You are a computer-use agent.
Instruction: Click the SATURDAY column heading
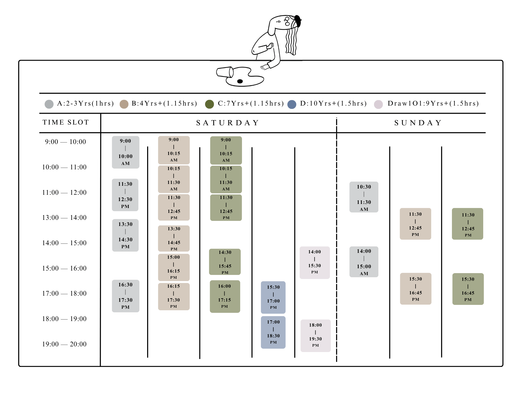click(x=227, y=123)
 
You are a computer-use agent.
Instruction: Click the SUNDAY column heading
click(x=418, y=123)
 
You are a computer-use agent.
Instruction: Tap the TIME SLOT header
click(x=66, y=122)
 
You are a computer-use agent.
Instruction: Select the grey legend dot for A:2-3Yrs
click(x=49, y=104)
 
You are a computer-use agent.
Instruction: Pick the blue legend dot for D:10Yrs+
click(x=292, y=104)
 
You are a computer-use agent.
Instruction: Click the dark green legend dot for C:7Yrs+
click(x=209, y=104)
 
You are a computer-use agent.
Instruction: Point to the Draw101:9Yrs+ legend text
click(x=433, y=104)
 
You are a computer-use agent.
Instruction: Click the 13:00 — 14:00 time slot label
click(x=64, y=218)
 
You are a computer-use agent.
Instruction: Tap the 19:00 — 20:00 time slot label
click(x=64, y=344)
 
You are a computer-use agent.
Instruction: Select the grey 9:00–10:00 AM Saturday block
click(x=125, y=152)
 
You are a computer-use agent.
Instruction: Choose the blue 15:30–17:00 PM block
click(x=273, y=297)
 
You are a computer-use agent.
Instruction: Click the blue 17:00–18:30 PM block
click(x=273, y=332)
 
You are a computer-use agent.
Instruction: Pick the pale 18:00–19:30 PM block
click(x=315, y=335)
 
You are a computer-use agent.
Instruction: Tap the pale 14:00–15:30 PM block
click(x=315, y=262)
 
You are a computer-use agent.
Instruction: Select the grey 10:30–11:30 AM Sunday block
click(x=364, y=197)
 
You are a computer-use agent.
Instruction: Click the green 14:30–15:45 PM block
click(x=225, y=262)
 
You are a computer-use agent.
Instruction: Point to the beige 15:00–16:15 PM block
click(x=174, y=267)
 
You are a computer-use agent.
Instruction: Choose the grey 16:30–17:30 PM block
click(x=125, y=296)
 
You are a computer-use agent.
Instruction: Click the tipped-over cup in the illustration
click(x=225, y=72)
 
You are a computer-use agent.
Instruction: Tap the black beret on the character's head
click(x=298, y=21)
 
